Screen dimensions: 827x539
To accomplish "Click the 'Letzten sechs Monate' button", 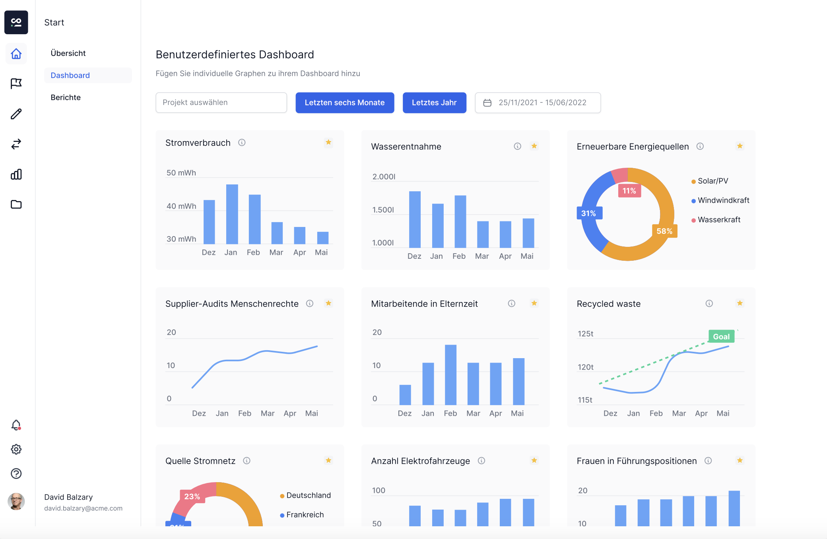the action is pyautogui.click(x=345, y=103).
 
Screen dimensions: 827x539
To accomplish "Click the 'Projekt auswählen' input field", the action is pyautogui.click(x=221, y=103).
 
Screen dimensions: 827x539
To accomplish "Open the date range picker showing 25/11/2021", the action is pyautogui.click(x=538, y=103).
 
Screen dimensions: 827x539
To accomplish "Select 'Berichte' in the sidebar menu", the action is pyautogui.click(x=66, y=97).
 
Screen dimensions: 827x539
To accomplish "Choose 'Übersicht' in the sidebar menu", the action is pyautogui.click(x=68, y=53).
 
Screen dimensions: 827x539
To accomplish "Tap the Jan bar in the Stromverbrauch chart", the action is pyautogui.click(x=232, y=214).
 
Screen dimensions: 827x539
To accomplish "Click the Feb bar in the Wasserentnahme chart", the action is pyautogui.click(x=460, y=221).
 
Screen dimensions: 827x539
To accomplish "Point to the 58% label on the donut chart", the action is pyautogui.click(x=664, y=231).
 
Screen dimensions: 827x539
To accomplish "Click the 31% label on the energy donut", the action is pyautogui.click(x=589, y=213).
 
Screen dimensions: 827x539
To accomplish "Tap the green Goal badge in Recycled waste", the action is pyautogui.click(x=721, y=336).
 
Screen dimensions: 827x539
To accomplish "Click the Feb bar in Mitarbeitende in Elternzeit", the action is pyautogui.click(x=450, y=374).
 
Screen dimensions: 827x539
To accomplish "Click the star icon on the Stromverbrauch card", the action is pyautogui.click(x=328, y=142).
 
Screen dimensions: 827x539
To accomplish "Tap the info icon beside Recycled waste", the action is pyautogui.click(x=709, y=303).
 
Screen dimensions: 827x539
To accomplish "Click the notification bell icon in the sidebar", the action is pyautogui.click(x=16, y=425).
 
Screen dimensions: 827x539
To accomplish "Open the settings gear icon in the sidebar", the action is pyautogui.click(x=16, y=449).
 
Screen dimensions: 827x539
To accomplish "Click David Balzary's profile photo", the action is pyautogui.click(x=16, y=501).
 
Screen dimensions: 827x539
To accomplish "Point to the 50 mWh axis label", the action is pyautogui.click(x=181, y=173).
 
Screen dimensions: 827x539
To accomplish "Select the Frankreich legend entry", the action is pyautogui.click(x=302, y=515).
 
